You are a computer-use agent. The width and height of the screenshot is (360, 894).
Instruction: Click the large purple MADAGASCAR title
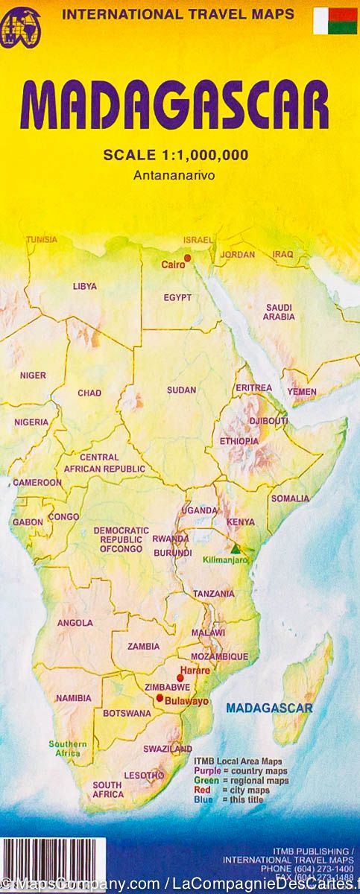pos(180,107)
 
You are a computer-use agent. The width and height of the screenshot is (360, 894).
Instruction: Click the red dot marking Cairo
pos(188,258)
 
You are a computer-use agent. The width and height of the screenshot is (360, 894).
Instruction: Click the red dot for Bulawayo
pos(159,698)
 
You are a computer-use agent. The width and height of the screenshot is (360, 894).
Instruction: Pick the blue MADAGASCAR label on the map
pos(269,707)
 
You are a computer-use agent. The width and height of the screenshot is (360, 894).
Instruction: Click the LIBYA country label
pos(84,286)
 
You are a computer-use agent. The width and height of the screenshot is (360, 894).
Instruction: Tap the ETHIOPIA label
pos(239,441)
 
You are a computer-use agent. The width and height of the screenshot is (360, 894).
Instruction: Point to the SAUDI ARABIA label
pos(279,311)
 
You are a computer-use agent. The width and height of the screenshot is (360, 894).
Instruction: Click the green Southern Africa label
pos(68,748)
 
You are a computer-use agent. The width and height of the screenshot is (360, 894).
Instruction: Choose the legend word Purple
pos(208,769)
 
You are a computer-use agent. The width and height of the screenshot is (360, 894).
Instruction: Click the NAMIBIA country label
pos(73,698)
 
